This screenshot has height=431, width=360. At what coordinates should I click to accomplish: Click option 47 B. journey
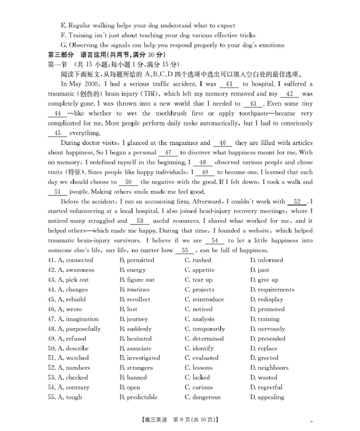(134, 319)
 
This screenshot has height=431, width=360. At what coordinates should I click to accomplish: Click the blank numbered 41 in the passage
(229, 84)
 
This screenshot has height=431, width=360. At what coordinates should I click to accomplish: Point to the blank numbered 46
(222, 143)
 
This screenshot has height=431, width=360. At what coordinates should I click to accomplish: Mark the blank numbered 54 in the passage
(215, 241)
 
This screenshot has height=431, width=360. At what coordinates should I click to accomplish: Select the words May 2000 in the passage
(84, 84)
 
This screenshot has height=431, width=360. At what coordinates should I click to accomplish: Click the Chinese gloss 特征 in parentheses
(72, 172)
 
